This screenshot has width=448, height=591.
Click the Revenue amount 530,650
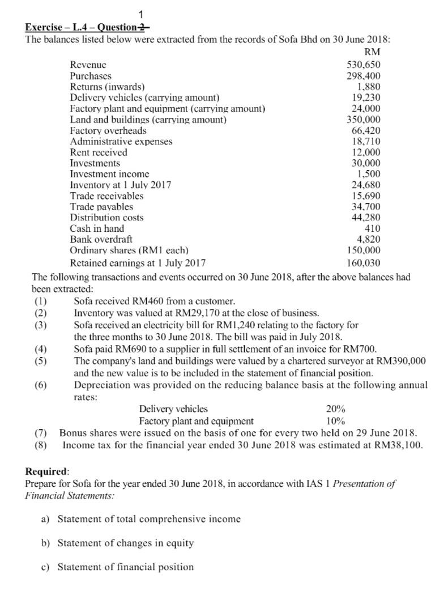click(363, 65)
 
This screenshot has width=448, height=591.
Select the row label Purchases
click(90, 76)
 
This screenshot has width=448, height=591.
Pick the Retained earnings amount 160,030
click(363, 263)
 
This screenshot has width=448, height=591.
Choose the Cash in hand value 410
click(372, 228)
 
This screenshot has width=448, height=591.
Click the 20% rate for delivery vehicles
click(336, 409)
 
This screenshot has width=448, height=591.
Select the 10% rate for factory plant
click(336, 421)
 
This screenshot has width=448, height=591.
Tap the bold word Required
click(47, 471)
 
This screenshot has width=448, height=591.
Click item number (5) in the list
click(41, 361)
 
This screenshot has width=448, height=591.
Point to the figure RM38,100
click(399, 445)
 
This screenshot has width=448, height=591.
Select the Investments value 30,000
click(366, 163)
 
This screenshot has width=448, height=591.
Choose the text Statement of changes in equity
click(126, 543)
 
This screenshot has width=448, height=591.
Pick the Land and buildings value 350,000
click(363, 120)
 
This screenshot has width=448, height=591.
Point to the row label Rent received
click(99, 152)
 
